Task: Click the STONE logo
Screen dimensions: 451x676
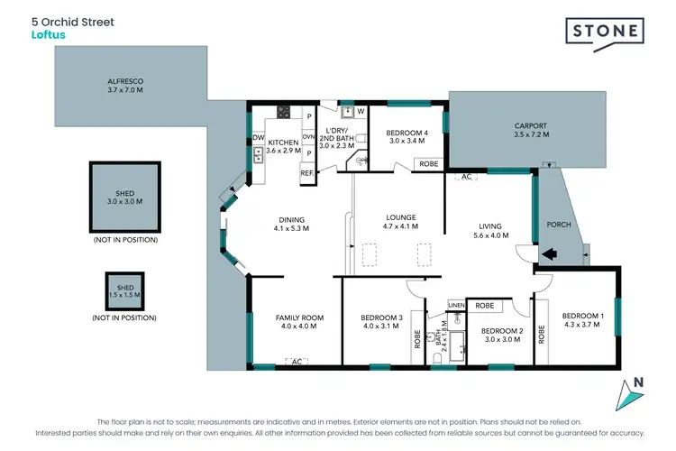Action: (605, 32)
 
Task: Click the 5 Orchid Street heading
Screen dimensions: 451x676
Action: (72, 22)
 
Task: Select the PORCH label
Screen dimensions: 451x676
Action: (560, 225)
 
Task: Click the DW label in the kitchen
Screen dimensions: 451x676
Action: (258, 138)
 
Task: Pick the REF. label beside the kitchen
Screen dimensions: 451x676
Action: (306, 172)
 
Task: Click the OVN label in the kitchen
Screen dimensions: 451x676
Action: (307, 137)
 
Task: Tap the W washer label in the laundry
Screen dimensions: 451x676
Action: (361, 112)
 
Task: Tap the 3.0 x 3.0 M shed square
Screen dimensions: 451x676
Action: (124, 197)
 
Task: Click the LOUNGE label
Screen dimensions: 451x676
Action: (400, 216)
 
